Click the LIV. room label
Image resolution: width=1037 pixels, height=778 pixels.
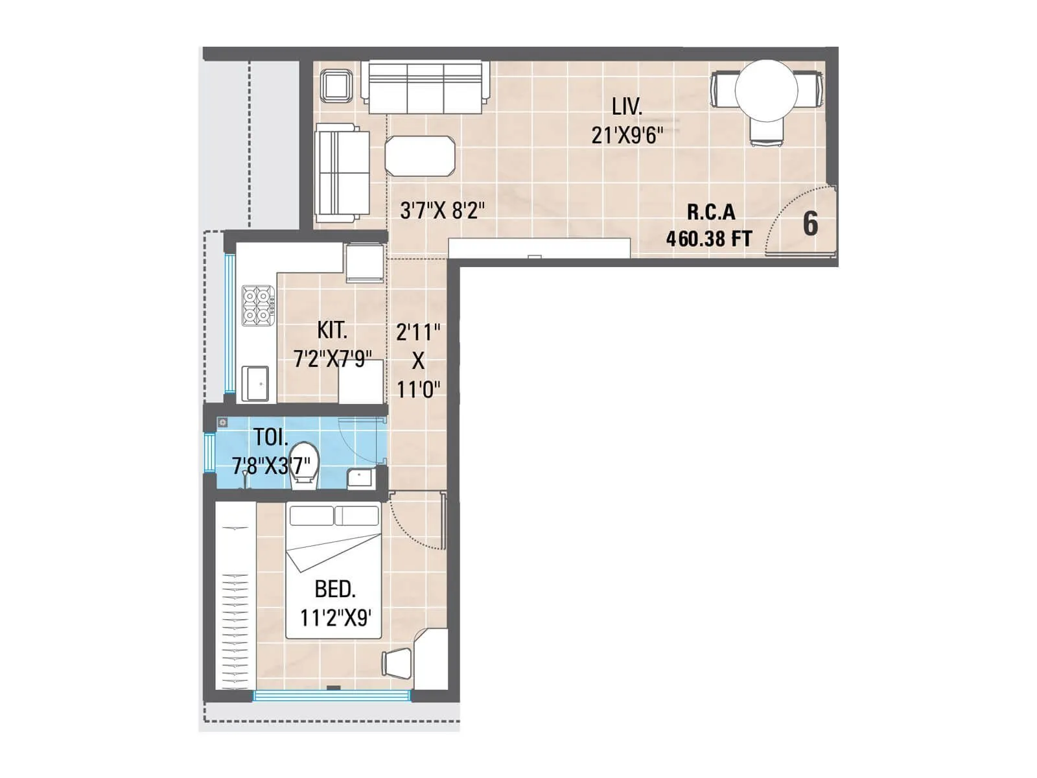tap(627, 106)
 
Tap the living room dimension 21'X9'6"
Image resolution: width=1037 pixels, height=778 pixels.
tap(627, 136)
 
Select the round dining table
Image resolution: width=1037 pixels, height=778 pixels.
tap(766, 91)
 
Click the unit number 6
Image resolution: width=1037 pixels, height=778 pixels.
tap(810, 224)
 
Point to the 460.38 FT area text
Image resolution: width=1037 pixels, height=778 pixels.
tap(709, 239)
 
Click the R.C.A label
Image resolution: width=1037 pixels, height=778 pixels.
tap(711, 212)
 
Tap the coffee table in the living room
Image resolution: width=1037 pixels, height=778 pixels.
tap(420, 156)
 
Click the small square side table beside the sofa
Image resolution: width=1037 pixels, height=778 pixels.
tap(337, 85)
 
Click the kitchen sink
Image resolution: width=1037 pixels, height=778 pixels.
tap(256, 383)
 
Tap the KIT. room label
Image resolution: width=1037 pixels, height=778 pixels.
tap(332, 331)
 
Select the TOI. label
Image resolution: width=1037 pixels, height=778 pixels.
tap(270, 437)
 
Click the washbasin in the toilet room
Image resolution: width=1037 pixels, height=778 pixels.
tap(360, 478)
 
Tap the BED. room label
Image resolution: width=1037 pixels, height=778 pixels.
tap(334, 589)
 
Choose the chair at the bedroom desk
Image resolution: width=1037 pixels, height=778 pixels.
tap(397, 663)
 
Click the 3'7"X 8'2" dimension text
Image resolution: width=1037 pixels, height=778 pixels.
tap(442, 211)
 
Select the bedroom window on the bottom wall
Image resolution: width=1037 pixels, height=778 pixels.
tap(331, 696)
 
